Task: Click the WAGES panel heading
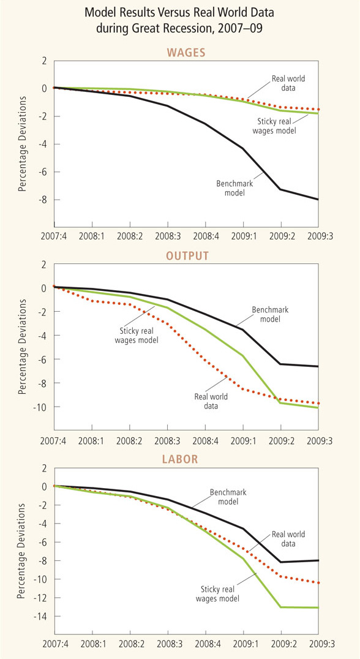(186, 53)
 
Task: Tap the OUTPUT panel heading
(187, 256)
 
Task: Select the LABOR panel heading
(180, 459)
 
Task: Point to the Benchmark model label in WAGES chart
(231, 188)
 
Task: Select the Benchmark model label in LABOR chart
(228, 497)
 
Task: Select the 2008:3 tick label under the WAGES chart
(168, 236)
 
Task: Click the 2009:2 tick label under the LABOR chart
(281, 644)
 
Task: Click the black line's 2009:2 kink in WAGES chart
(280, 189)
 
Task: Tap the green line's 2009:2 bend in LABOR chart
(280, 607)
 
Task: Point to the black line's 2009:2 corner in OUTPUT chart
(280, 364)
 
